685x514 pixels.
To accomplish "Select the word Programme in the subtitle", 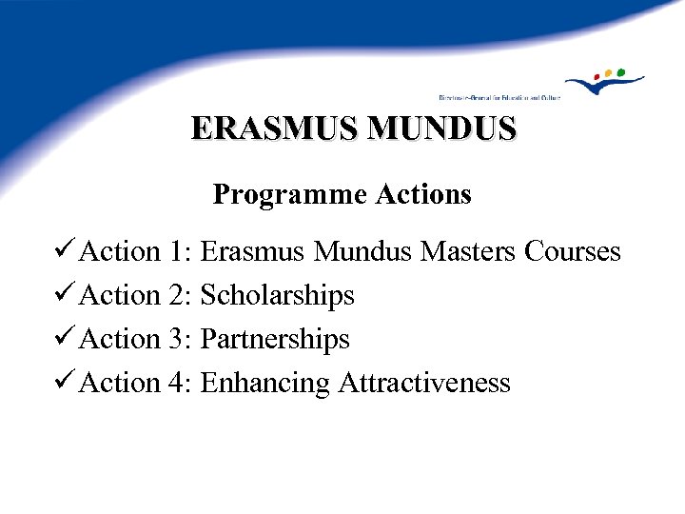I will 290,195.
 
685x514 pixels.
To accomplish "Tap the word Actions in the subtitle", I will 423,195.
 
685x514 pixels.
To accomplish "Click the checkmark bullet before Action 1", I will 66,252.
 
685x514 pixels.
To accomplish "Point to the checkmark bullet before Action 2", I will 66,296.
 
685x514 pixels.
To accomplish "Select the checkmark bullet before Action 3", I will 66,340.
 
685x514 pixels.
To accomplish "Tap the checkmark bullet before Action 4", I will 66,384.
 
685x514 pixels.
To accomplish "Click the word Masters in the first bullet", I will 468,252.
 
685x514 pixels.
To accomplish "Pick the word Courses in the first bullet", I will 573,252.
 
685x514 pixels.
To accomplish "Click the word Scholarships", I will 278,296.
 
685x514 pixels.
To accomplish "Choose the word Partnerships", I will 276,340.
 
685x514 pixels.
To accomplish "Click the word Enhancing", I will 266,384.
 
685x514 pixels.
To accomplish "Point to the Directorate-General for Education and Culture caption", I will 499,97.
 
